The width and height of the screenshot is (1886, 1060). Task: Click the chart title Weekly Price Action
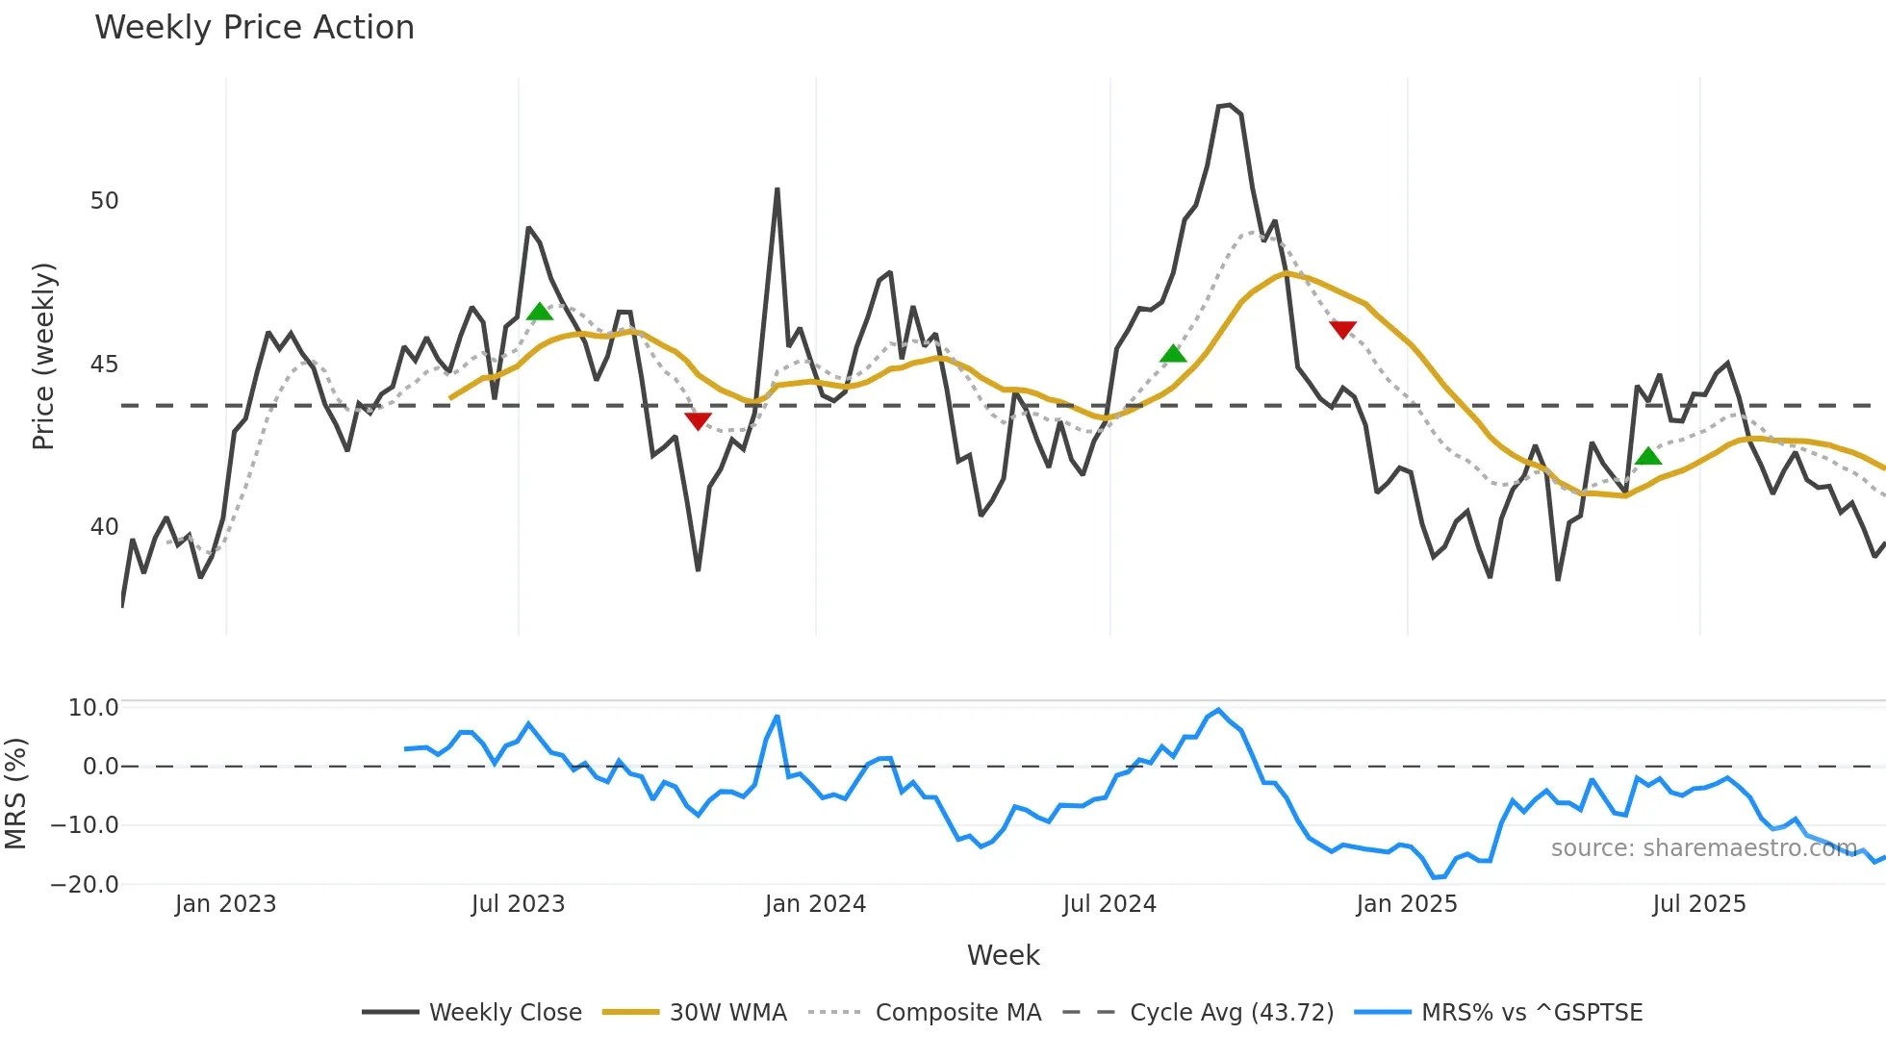point(254,28)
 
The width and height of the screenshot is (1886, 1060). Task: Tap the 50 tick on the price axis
point(104,201)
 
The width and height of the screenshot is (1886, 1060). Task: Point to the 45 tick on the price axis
point(104,365)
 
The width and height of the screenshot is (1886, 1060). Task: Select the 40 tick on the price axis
point(104,527)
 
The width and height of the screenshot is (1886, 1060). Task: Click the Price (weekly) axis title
point(43,356)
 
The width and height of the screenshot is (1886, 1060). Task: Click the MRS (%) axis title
point(15,794)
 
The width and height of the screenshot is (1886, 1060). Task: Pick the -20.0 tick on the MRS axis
point(85,884)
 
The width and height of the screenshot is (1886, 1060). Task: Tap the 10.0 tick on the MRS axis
point(93,708)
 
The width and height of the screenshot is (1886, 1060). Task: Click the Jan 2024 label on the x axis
point(815,904)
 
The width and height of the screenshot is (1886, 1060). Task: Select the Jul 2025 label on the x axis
point(1698,904)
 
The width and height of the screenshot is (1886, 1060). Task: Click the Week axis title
point(1003,955)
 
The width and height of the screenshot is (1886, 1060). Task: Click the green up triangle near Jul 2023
point(540,312)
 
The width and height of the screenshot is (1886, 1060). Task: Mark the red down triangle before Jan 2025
point(1342,329)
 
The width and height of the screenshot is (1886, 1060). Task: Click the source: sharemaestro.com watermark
point(1703,848)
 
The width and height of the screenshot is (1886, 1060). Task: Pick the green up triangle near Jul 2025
point(1648,456)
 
